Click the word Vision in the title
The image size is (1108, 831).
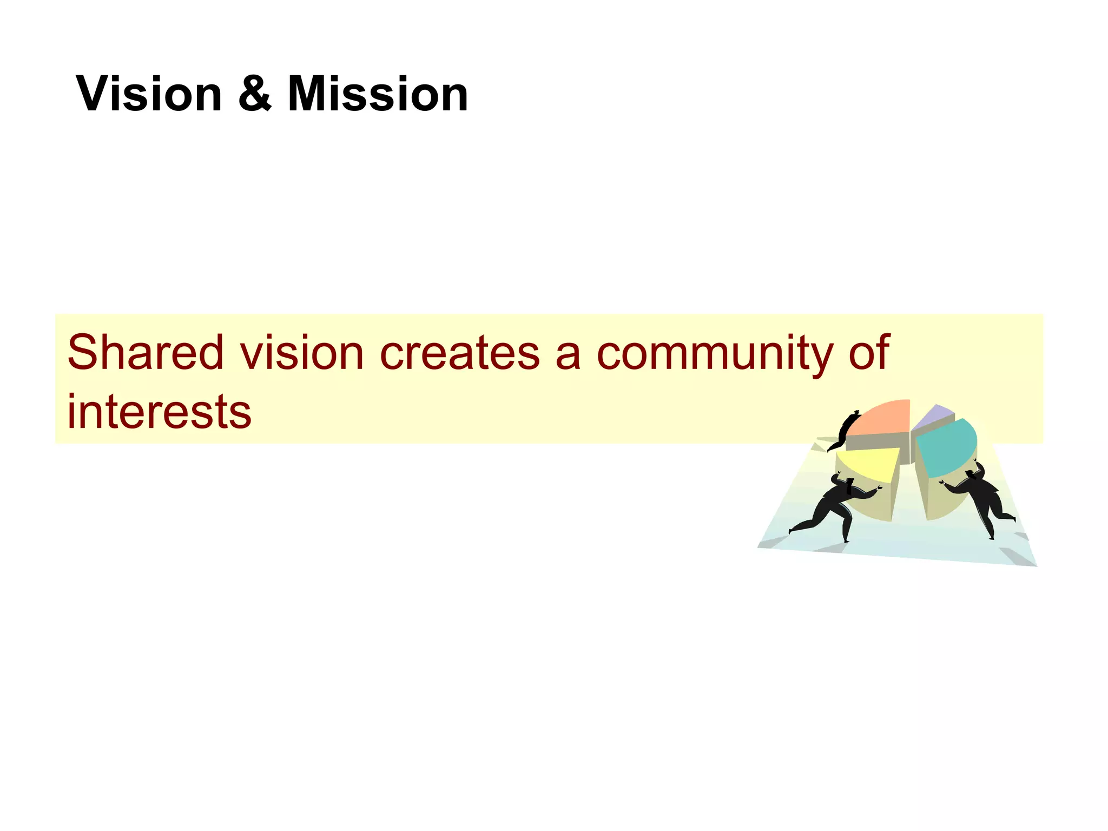tap(149, 95)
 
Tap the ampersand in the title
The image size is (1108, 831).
tap(254, 95)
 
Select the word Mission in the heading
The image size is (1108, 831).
tap(378, 95)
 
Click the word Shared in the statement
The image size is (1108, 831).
tap(145, 353)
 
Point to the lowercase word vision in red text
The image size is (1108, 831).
tap(302, 353)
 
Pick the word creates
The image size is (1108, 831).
tap(460, 353)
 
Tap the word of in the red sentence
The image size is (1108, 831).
tap(869, 353)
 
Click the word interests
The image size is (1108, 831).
tap(159, 412)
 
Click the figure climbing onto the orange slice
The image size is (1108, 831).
tap(844, 431)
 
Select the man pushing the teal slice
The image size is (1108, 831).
tap(979, 498)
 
